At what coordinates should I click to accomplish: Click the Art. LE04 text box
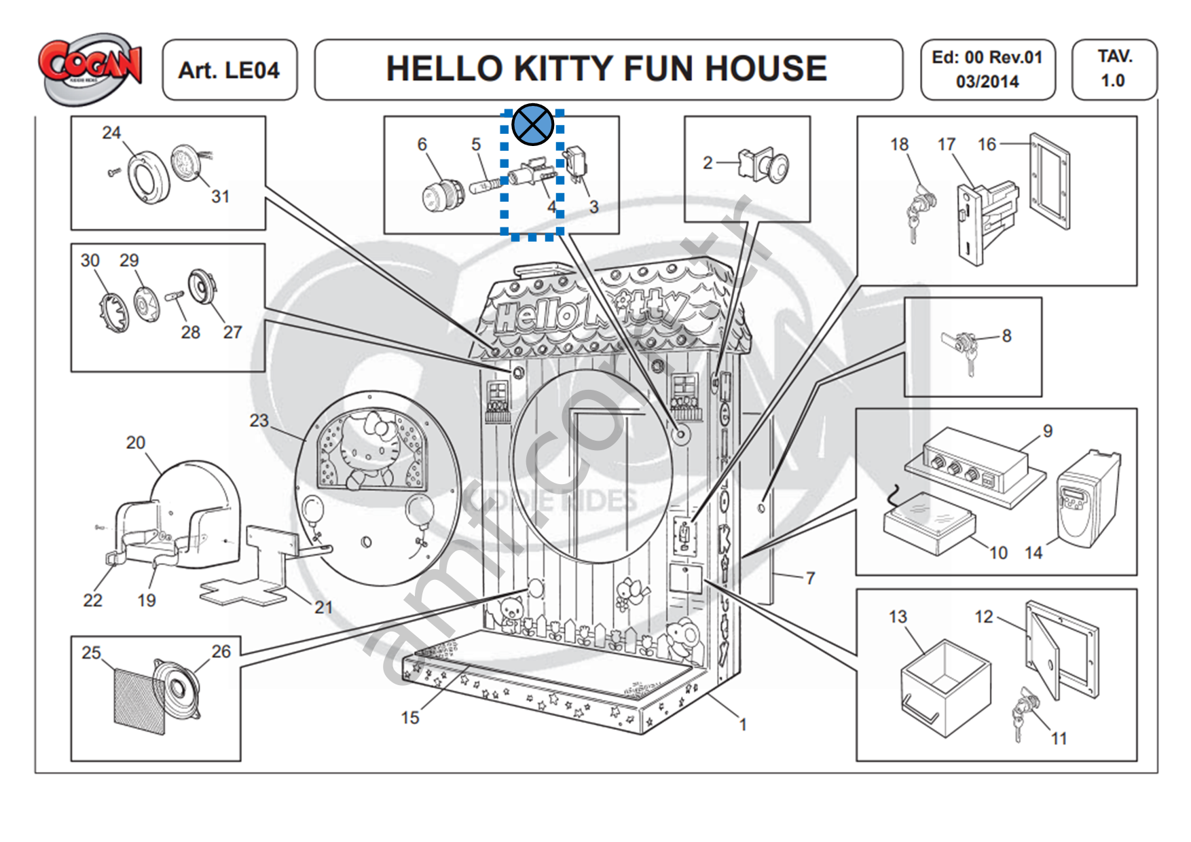coord(229,70)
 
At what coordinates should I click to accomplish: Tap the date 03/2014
coord(987,82)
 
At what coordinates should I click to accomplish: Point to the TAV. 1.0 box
coord(1114,69)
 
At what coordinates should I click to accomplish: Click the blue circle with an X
coord(533,125)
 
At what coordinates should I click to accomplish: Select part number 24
coord(111,132)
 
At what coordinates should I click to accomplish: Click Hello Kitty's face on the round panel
coord(367,448)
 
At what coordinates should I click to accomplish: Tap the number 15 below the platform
coord(410,718)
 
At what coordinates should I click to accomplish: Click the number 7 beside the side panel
coord(810,578)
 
